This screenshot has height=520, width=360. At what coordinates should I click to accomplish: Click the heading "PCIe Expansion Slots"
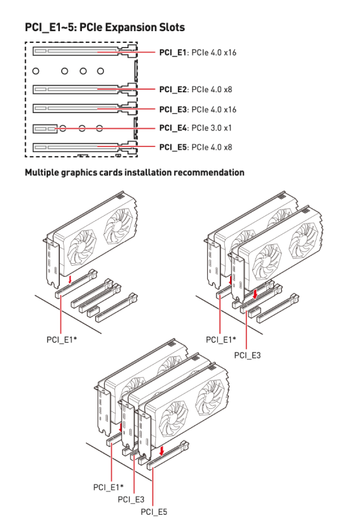[132, 27]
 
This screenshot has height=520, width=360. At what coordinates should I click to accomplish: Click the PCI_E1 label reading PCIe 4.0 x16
[198, 53]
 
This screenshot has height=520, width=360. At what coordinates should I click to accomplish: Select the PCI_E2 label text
[196, 90]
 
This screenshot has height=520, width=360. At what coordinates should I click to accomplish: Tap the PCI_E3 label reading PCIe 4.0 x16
[198, 109]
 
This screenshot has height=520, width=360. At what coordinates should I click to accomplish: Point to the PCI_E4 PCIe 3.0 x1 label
[196, 128]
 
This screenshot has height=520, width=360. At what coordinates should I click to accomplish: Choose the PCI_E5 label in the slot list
[196, 147]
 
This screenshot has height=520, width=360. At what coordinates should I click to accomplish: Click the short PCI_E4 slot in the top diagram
[45, 128]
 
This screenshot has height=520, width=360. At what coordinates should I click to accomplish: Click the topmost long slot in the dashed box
[85, 51]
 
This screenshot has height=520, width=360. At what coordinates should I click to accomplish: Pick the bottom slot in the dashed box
[85, 147]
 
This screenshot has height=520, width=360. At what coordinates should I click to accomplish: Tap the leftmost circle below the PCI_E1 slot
[36, 71]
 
